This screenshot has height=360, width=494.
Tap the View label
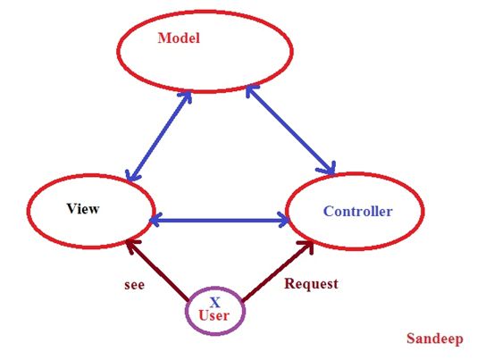[x=82, y=209]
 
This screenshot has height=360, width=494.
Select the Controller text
[x=357, y=212]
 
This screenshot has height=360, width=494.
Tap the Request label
[x=310, y=284]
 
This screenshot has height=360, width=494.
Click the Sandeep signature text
[x=435, y=339]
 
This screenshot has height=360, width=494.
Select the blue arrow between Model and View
[x=159, y=136]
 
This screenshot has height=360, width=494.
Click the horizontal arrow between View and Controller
[x=219, y=218]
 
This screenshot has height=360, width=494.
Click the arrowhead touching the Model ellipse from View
[x=188, y=95]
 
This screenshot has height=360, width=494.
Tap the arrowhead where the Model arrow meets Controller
[x=329, y=168]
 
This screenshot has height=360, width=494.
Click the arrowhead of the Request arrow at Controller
[x=307, y=244]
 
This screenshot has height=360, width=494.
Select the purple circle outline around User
[x=187, y=312]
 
